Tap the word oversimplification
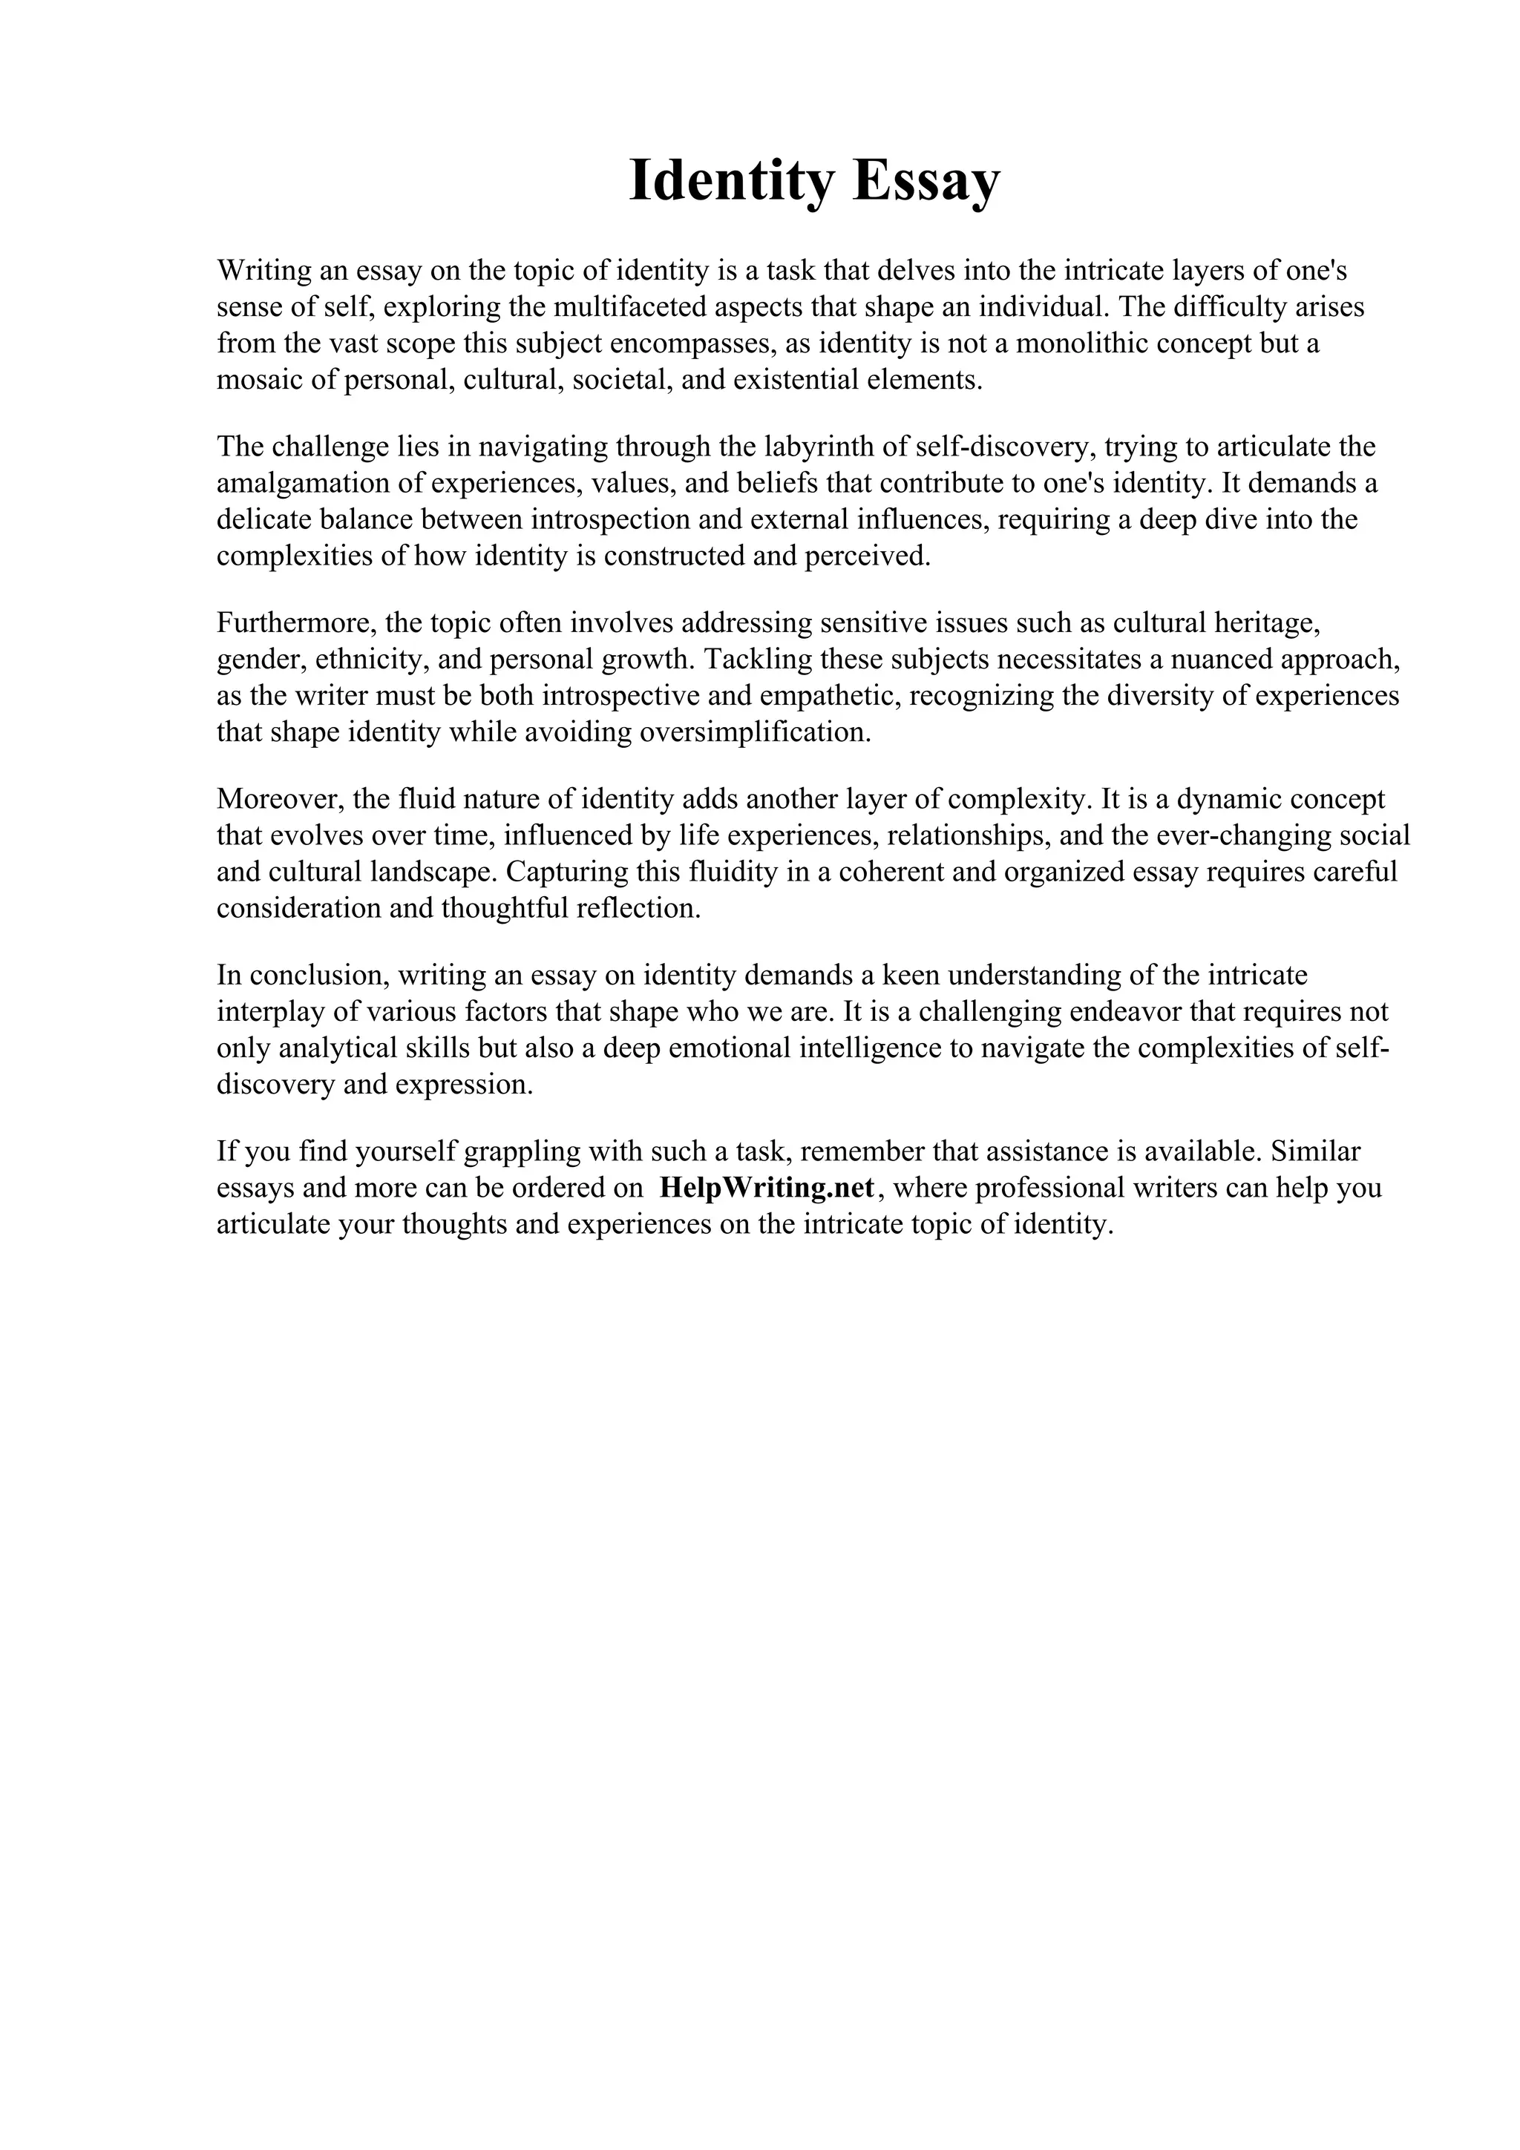pos(753,732)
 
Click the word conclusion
pos(318,975)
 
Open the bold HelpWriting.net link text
pos(767,1187)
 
